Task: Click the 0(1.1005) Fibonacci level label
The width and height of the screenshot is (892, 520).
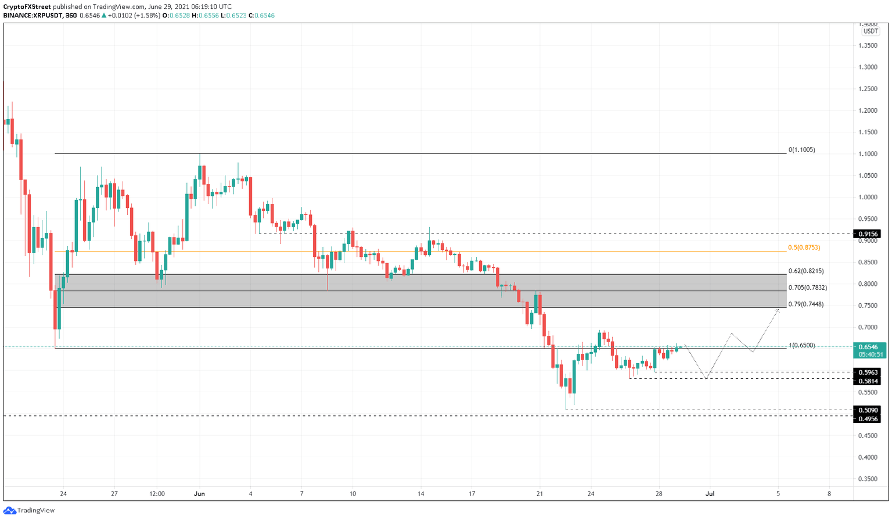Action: [x=801, y=150]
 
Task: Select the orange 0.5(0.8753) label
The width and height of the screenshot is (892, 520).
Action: [x=804, y=248]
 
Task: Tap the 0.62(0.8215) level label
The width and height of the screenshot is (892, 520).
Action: [x=805, y=271]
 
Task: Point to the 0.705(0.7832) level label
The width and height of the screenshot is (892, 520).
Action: [x=807, y=288]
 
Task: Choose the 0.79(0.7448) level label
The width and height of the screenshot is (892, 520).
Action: [x=805, y=304]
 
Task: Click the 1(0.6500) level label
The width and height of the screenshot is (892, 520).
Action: [x=801, y=345]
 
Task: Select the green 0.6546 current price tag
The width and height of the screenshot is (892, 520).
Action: [x=869, y=347]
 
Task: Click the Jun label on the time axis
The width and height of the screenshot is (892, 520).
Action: [x=199, y=494]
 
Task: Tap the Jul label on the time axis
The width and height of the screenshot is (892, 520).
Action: [x=710, y=494]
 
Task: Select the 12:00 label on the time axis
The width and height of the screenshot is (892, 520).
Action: [x=157, y=494]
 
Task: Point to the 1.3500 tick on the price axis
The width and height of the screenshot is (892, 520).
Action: [x=869, y=45]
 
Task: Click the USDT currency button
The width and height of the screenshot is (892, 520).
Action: [x=870, y=31]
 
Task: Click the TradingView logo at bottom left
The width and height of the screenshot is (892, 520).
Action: [x=29, y=510]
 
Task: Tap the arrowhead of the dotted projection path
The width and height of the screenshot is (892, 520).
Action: [x=778, y=311]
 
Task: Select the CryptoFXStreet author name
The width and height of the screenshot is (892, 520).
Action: [x=27, y=7]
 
